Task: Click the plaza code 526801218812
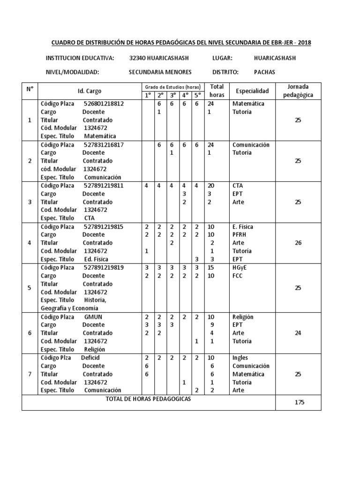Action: tap(104, 104)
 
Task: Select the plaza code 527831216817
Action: tap(104, 145)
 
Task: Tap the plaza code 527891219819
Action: tap(104, 268)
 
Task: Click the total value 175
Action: tap(298, 402)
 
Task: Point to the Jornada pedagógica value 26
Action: tap(298, 243)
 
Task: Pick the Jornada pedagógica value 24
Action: tap(298, 333)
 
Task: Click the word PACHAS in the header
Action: tap(264, 72)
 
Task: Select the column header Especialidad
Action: tap(252, 90)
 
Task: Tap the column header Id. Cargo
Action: tap(89, 91)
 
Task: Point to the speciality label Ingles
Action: tap(240, 358)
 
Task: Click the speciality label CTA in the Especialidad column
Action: tap(237, 186)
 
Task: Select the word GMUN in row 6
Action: tap(93, 317)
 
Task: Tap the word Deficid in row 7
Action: tap(90, 358)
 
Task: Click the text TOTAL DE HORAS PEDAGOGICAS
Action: tap(149, 398)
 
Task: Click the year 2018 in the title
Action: tap(303, 43)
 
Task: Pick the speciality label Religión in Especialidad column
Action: tap(242, 317)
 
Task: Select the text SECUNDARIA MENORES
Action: tap(160, 72)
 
